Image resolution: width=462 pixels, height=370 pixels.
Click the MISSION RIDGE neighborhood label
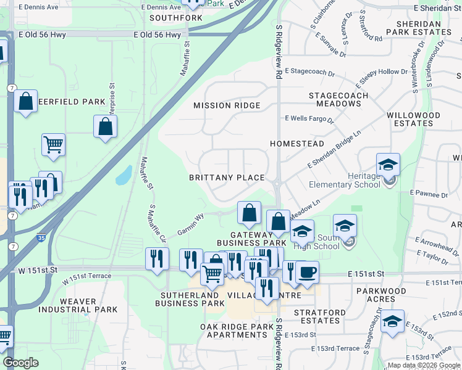227,105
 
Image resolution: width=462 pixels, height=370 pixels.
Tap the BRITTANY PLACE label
227,178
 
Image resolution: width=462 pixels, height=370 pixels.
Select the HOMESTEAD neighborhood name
297,144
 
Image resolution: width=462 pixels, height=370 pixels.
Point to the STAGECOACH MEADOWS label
338,99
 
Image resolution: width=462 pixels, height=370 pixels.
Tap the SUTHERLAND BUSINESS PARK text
190,299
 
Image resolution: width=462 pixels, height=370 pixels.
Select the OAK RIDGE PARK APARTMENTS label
237,331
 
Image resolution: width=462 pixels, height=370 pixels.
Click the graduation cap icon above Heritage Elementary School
388,165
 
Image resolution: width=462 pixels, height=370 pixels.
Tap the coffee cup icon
307,272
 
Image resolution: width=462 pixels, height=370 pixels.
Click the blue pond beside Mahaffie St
124,175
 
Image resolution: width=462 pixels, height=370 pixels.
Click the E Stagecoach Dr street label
309,72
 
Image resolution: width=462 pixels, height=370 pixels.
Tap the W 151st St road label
38,270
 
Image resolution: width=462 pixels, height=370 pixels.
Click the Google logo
20,363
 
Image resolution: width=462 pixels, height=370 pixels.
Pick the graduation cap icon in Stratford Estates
392,321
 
